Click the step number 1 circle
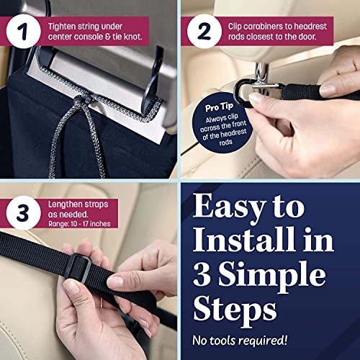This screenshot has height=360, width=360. [x=23, y=32]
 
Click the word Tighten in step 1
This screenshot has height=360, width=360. [x=65, y=25]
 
